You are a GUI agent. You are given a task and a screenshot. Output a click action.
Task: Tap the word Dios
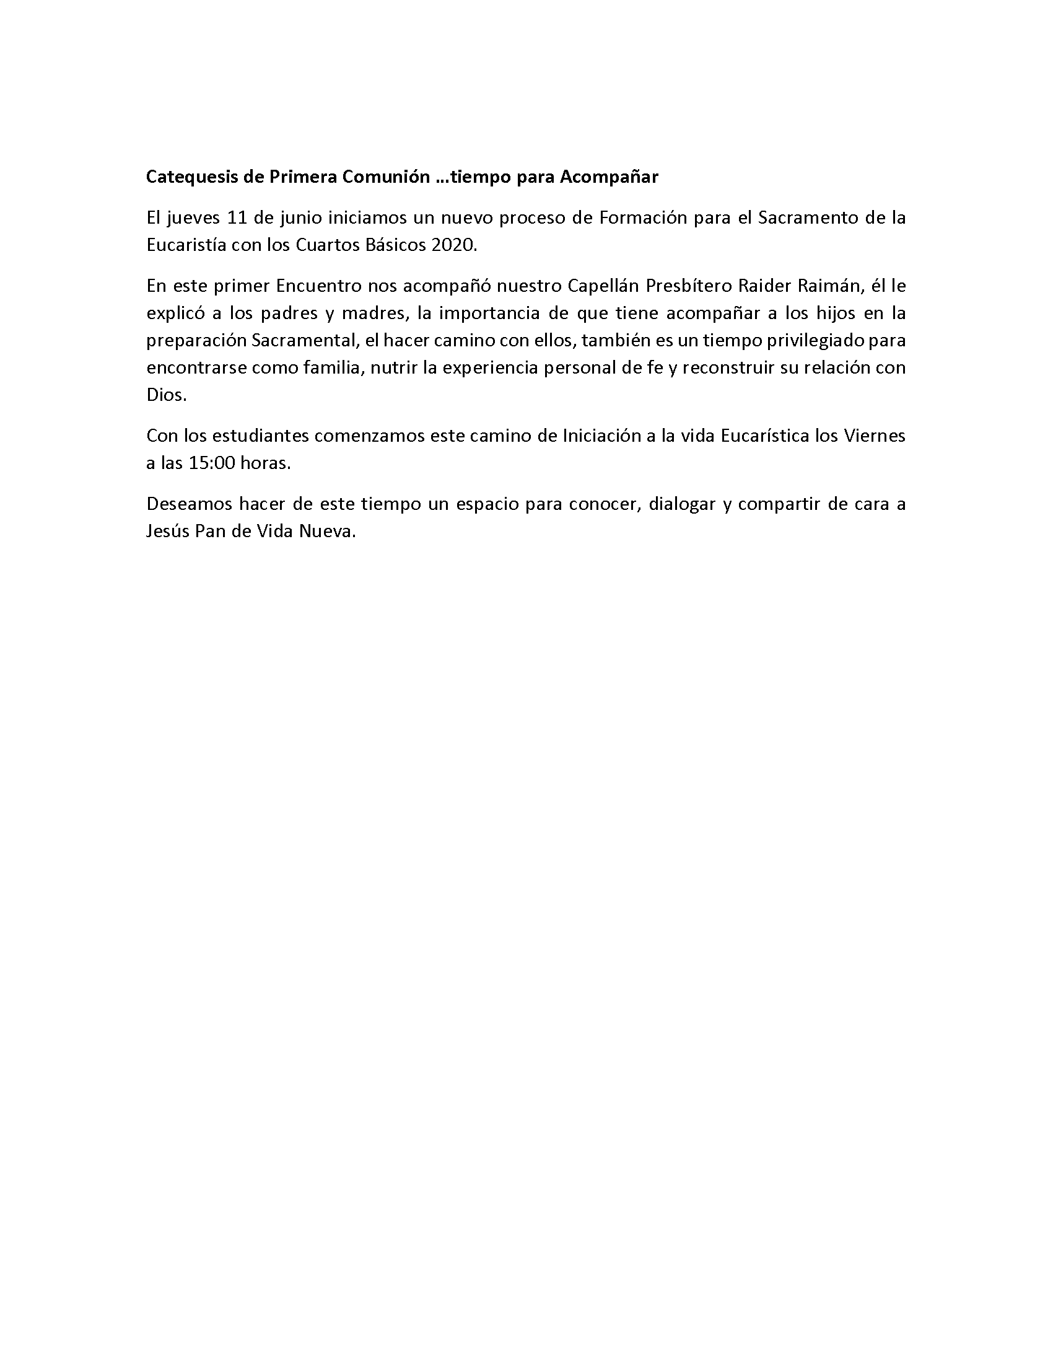(165, 395)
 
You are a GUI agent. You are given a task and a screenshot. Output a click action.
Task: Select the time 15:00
(211, 463)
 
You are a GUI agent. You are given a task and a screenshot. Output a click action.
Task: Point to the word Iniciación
(601, 436)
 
